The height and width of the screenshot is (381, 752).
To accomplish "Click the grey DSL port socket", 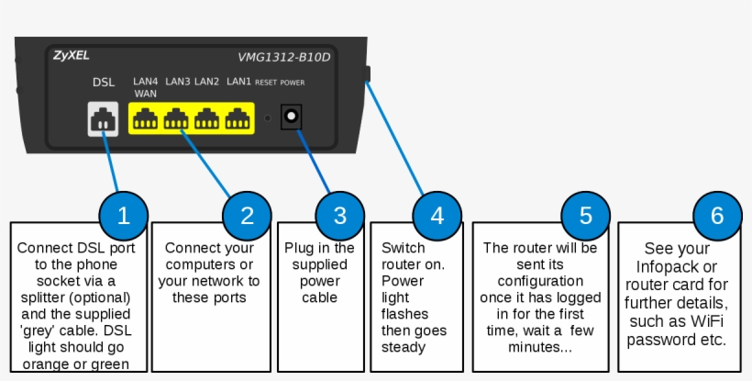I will [x=104, y=119].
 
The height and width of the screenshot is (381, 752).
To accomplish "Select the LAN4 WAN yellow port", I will [x=145, y=119].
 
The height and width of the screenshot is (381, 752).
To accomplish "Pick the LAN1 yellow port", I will [x=239, y=119].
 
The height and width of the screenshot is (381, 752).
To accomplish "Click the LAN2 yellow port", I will [x=208, y=119].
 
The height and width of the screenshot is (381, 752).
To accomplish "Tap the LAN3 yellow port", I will [x=176, y=119].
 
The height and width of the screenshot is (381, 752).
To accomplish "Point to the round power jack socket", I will [x=293, y=118].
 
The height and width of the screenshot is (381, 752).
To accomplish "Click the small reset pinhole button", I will [x=268, y=118].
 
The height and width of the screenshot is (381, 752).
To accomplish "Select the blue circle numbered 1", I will [x=125, y=216].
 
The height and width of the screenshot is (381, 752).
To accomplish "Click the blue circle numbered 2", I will [x=247, y=216].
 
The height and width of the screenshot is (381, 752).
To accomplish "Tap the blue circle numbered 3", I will [x=340, y=216].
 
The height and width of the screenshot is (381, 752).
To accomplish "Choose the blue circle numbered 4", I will [x=437, y=216].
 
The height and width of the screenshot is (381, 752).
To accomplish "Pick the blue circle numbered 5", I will [x=585, y=216].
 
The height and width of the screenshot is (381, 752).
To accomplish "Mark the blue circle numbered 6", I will [x=717, y=216].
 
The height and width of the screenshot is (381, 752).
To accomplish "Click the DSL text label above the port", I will [x=104, y=83].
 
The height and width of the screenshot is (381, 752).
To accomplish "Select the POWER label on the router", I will [x=293, y=83].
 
